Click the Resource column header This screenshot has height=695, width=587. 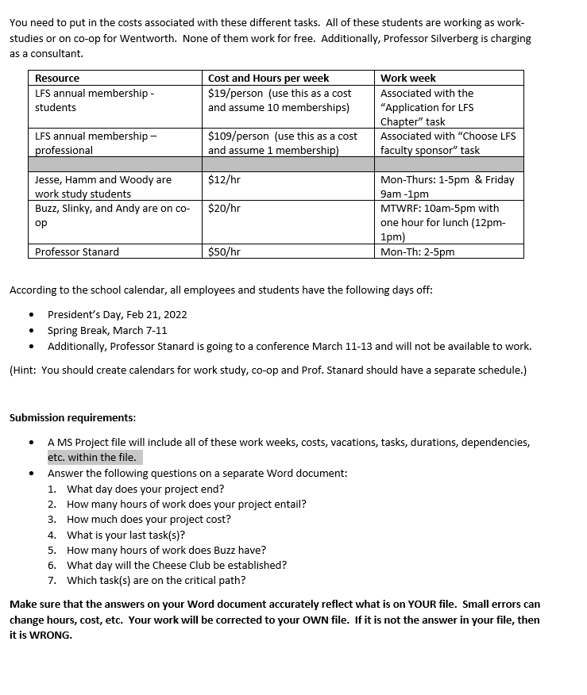(x=57, y=78)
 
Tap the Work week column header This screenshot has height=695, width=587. (x=408, y=78)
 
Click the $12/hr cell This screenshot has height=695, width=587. (x=224, y=180)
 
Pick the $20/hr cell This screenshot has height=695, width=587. (x=224, y=209)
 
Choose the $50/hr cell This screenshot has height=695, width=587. (x=224, y=252)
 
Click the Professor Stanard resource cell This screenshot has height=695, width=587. (x=77, y=252)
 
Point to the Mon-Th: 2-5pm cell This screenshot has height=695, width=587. (x=418, y=252)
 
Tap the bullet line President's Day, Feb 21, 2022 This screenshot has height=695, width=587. (x=117, y=314)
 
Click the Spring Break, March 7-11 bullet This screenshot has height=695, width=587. (x=107, y=330)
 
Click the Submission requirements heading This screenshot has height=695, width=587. (x=72, y=417)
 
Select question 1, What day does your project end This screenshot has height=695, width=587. (x=145, y=489)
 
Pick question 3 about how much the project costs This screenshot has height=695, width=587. (x=149, y=519)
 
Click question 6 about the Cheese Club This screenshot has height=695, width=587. (x=176, y=565)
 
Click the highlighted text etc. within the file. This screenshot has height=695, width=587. (x=92, y=457)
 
